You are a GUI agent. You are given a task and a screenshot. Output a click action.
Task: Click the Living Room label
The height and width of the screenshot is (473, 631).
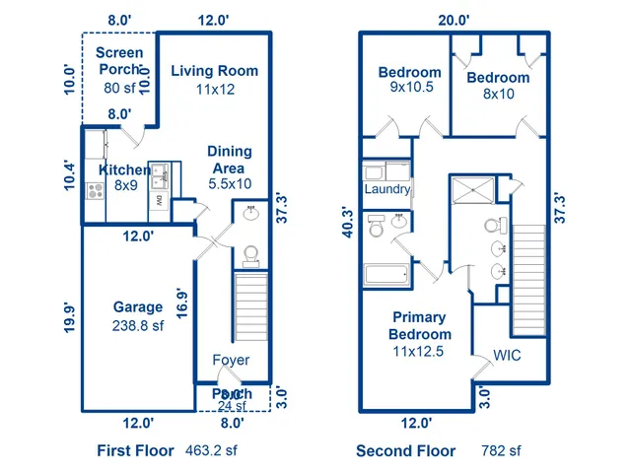tap(214, 71)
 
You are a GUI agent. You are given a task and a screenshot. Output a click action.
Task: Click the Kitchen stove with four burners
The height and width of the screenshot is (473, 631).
tap(97, 192)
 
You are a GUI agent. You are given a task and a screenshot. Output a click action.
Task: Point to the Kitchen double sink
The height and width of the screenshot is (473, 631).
tap(164, 177)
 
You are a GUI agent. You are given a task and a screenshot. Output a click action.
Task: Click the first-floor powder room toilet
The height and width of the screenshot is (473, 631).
tap(249, 256)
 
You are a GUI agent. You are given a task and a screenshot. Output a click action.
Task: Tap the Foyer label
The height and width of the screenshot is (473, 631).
tap(232, 360)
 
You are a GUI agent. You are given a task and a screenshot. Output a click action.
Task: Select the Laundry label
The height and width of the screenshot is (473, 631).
tap(386, 189)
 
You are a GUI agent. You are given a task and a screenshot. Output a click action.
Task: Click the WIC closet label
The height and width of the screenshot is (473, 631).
tap(507, 356)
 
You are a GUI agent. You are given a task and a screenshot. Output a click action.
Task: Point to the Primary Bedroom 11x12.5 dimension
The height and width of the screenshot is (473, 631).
tap(419, 352)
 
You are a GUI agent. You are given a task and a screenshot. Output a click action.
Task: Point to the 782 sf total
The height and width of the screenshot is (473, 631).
tap(501, 451)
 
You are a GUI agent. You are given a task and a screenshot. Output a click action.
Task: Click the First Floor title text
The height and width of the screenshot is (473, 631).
tap(137, 451)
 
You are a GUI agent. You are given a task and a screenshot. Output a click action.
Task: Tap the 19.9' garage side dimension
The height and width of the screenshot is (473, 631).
tap(68, 322)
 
